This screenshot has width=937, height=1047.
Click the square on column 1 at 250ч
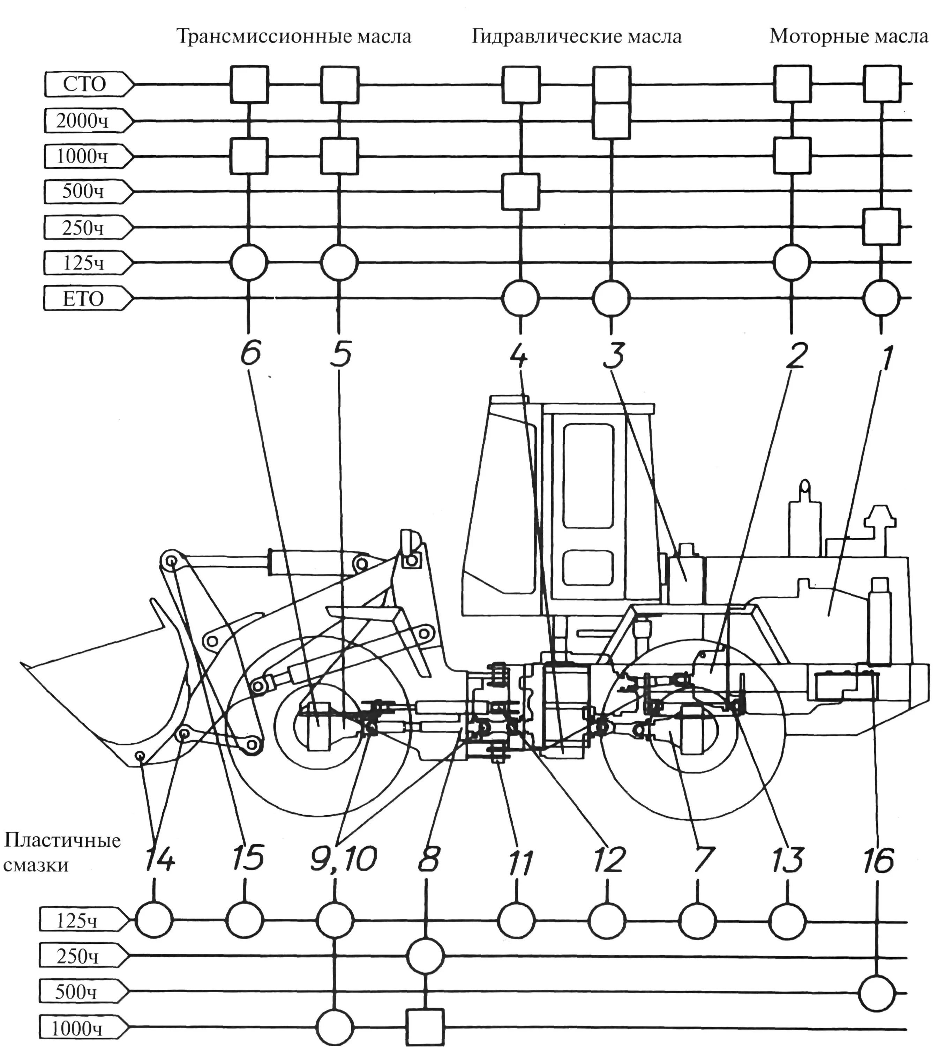tap(882, 227)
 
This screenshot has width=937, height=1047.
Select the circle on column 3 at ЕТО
tap(611, 298)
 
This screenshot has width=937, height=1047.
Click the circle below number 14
tap(154, 919)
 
